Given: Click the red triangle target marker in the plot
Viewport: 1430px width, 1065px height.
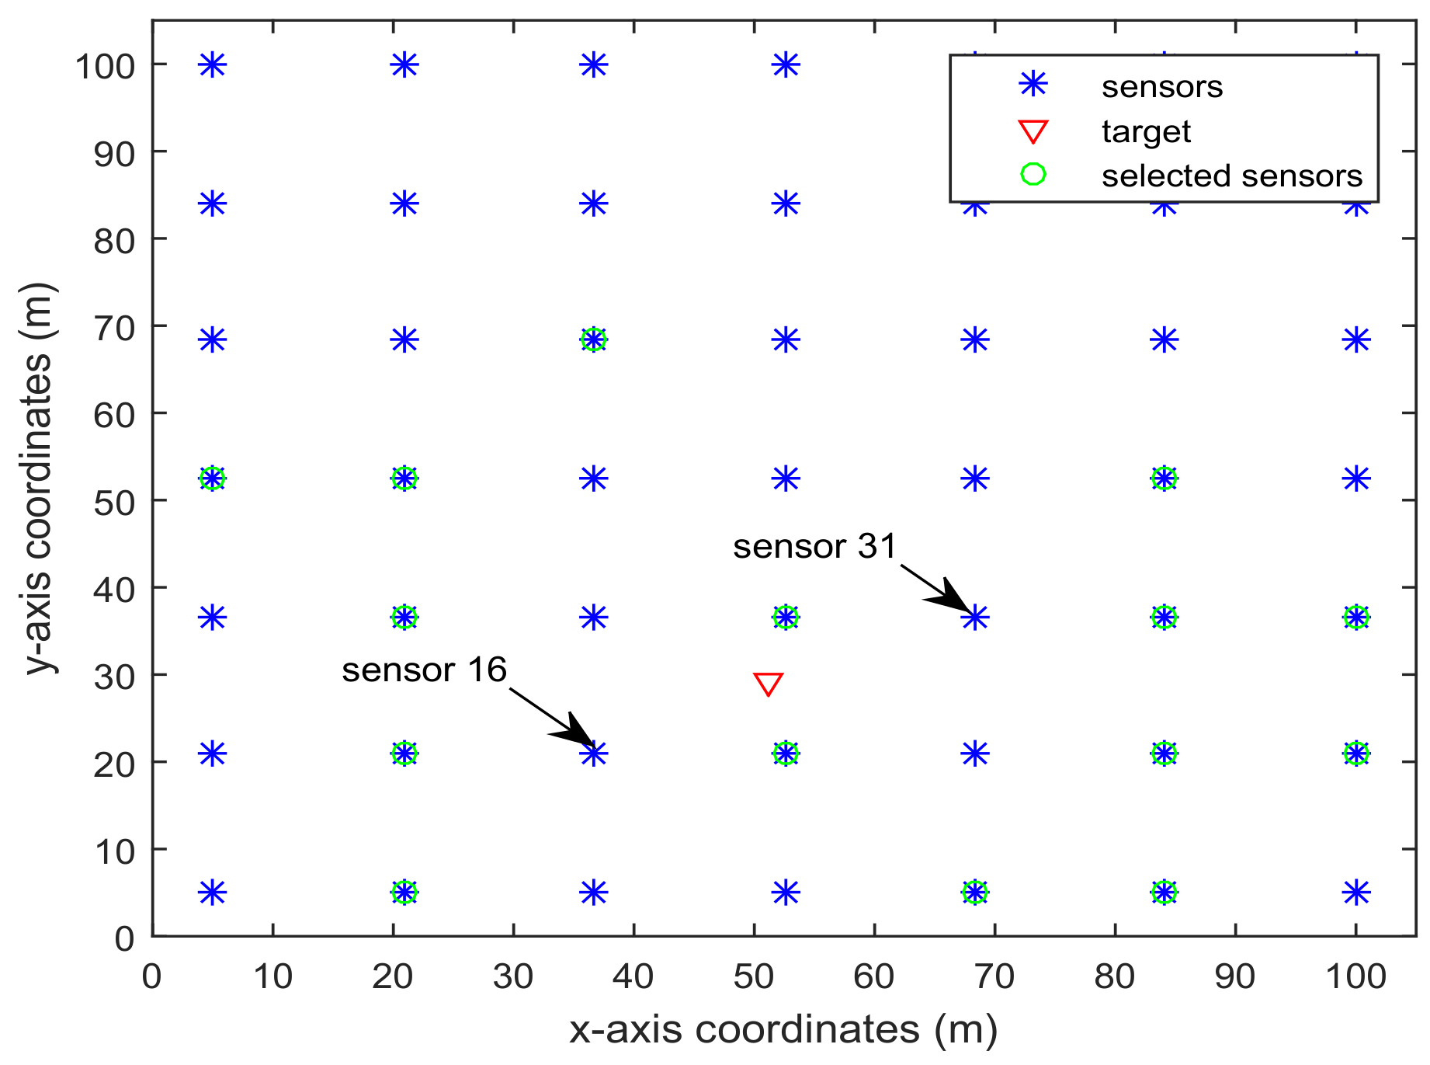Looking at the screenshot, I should coord(768,684).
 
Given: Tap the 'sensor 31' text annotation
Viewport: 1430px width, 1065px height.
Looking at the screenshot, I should coord(814,547).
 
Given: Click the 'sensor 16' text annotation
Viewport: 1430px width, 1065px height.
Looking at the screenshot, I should coord(424,670).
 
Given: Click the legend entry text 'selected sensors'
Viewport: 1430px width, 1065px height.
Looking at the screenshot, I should coord(1231,176).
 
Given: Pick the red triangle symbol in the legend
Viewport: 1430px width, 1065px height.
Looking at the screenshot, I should coord(1033,131).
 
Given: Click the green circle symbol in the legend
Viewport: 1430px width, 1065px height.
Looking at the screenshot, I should coord(1033,174).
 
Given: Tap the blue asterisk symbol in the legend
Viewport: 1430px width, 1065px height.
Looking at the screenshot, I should coord(1033,85).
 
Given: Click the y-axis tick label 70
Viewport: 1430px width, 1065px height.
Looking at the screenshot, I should coord(113,326).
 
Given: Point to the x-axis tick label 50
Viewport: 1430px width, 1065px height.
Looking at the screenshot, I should coord(754,976).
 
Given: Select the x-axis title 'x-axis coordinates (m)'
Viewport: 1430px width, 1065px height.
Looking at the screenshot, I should coord(783,1030).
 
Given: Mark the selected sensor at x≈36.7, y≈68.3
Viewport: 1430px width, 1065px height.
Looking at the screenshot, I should coord(594,339).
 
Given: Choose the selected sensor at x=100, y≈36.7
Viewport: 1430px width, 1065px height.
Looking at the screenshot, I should coord(1355,618).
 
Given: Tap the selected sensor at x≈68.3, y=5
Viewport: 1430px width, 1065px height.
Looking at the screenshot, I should coord(975,892).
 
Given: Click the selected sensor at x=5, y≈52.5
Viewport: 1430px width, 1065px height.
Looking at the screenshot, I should coord(213,479).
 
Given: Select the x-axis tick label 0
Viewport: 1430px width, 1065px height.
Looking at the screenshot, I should coord(152,976).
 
